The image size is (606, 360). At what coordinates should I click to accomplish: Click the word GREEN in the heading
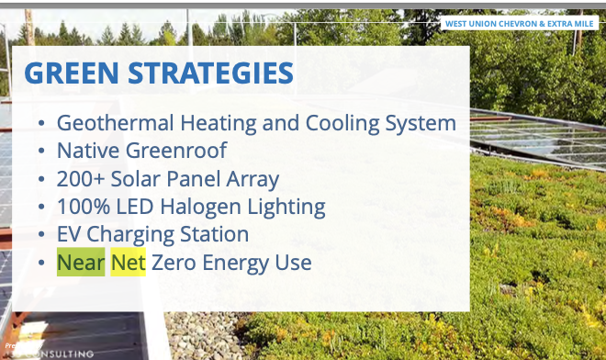pos(72,73)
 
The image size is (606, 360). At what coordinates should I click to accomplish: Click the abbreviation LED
pos(142,207)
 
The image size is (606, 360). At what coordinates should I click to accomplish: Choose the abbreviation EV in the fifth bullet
pos(72,234)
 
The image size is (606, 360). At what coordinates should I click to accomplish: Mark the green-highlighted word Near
pos(81,263)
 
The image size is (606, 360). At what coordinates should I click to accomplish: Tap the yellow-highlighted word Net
pos(129,263)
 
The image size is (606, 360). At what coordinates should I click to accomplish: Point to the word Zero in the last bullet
pos(175,263)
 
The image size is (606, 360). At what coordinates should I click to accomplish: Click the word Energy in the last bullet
pos(238,264)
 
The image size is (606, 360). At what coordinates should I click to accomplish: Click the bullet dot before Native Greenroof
pos(40,152)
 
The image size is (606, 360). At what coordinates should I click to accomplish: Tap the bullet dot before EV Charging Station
pos(40,235)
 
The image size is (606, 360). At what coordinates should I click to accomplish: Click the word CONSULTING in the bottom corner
pos(64,353)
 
